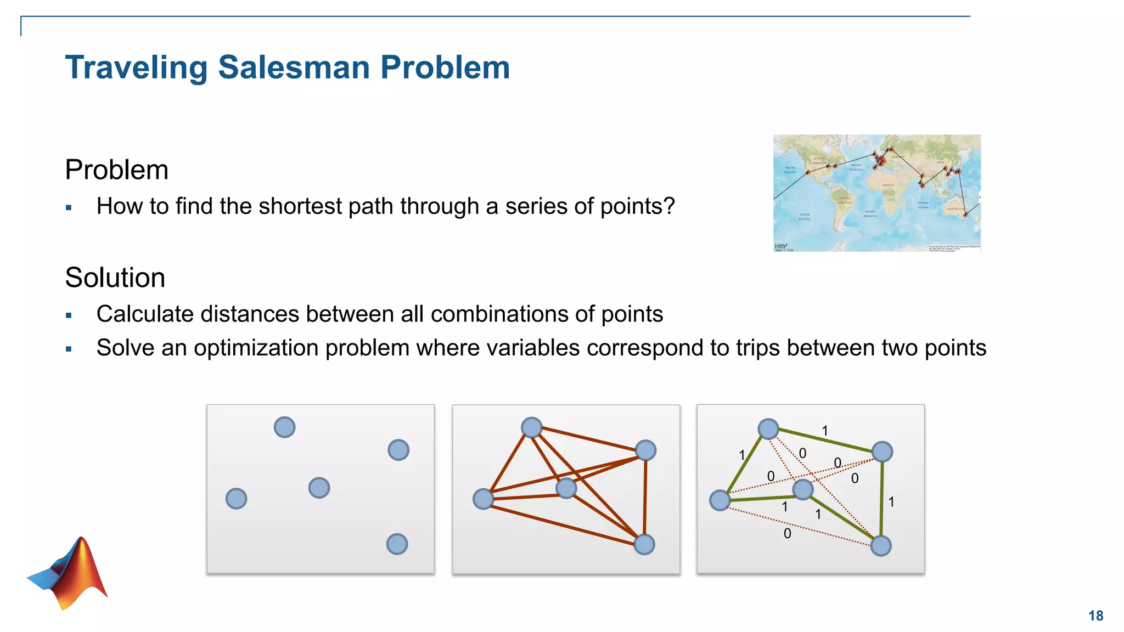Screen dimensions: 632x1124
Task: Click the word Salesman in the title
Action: [294, 67]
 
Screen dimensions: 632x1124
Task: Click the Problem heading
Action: [116, 170]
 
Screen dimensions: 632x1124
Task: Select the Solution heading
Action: [115, 278]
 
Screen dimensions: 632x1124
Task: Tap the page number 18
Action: [1095, 616]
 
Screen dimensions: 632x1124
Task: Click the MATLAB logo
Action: [69, 573]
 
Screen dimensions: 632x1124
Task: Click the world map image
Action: [876, 193]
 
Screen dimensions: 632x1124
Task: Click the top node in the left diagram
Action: [284, 427]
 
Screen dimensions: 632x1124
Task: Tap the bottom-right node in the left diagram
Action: [397, 544]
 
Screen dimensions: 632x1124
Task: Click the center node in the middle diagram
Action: [566, 488]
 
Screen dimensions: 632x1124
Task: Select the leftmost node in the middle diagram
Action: [483, 499]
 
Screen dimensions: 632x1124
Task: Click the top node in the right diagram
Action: [768, 428]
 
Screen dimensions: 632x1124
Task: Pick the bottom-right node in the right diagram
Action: [880, 546]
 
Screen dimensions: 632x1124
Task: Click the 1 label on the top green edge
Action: [824, 431]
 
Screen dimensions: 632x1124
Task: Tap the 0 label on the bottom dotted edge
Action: [787, 533]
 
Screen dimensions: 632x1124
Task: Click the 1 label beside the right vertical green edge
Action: [891, 501]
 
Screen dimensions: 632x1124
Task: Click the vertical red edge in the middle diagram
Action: [645, 496]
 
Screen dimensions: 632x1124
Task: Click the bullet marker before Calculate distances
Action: [69, 315]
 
